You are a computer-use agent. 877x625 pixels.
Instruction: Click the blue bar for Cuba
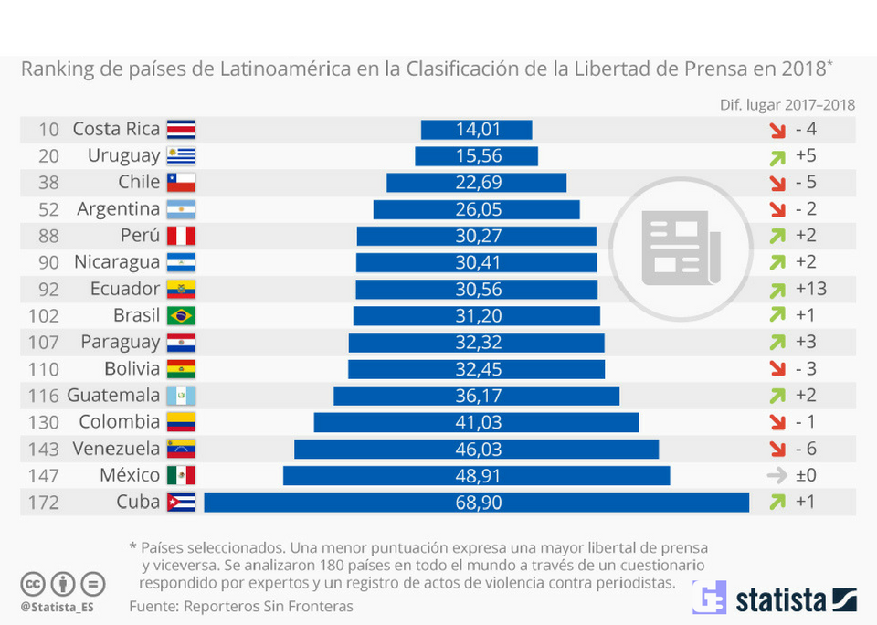click(x=476, y=502)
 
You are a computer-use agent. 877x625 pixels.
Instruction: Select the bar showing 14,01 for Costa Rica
click(x=476, y=130)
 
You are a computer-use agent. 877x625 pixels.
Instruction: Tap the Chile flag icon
click(x=181, y=182)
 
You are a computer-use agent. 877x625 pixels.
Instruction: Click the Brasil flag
click(x=181, y=315)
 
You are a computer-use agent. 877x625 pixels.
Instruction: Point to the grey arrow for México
click(x=777, y=475)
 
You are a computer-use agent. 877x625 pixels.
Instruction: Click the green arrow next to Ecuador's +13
click(x=777, y=290)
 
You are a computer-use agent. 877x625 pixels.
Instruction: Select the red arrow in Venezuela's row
click(x=777, y=449)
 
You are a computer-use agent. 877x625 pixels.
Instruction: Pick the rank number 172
click(x=44, y=502)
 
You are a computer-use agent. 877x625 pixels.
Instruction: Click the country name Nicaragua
click(x=117, y=262)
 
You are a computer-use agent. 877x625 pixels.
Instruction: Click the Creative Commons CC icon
click(x=34, y=584)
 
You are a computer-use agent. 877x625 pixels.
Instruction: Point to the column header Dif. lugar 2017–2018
click(x=787, y=103)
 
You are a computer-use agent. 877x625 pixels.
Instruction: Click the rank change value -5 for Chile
click(x=806, y=183)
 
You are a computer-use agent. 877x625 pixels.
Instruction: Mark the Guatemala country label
click(x=113, y=396)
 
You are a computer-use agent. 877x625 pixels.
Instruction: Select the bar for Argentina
click(x=476, y=209)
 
